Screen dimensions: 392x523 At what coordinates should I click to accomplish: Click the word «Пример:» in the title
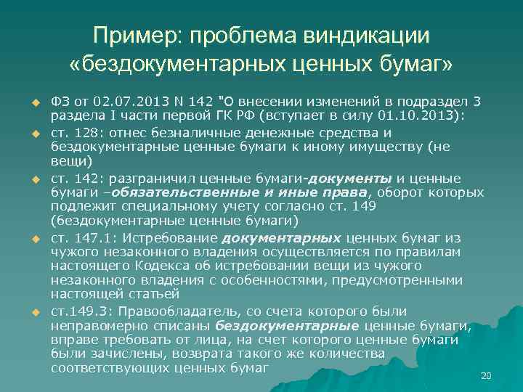click(138, 35)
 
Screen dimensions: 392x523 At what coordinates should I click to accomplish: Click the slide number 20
click(486, 375)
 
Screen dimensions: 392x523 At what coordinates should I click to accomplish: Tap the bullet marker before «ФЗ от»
click(33, 102)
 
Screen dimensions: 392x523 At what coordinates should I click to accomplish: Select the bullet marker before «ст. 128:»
click(33, 134)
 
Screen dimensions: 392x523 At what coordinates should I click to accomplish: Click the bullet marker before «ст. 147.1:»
click(33, 238)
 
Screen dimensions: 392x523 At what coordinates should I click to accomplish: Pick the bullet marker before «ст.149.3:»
click(33, 312)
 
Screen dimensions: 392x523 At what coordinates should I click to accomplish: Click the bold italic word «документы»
click(351, 179)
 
